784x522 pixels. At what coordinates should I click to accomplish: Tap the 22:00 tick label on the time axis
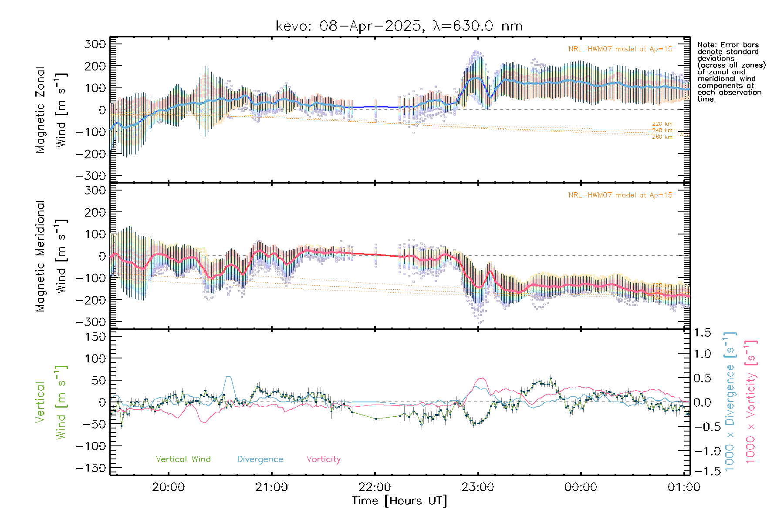coord(375,487)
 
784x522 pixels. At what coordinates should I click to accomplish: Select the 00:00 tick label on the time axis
coord(581,487)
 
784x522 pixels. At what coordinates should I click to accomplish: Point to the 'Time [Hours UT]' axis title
coord(399,501)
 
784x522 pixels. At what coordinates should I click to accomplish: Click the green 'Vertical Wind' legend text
coord(183,459)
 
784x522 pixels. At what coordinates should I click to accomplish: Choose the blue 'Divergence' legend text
coord(260,459)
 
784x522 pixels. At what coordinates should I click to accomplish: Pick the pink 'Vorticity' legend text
coord(323,459)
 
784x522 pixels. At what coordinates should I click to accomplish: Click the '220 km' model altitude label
coord(662,124)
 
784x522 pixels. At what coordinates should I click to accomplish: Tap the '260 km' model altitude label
coord(662,137)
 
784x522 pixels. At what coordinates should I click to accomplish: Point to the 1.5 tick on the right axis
coord(703,333)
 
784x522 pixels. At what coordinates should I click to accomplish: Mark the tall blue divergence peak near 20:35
coord(228,377)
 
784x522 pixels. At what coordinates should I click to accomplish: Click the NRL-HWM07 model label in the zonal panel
coord(620,49)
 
